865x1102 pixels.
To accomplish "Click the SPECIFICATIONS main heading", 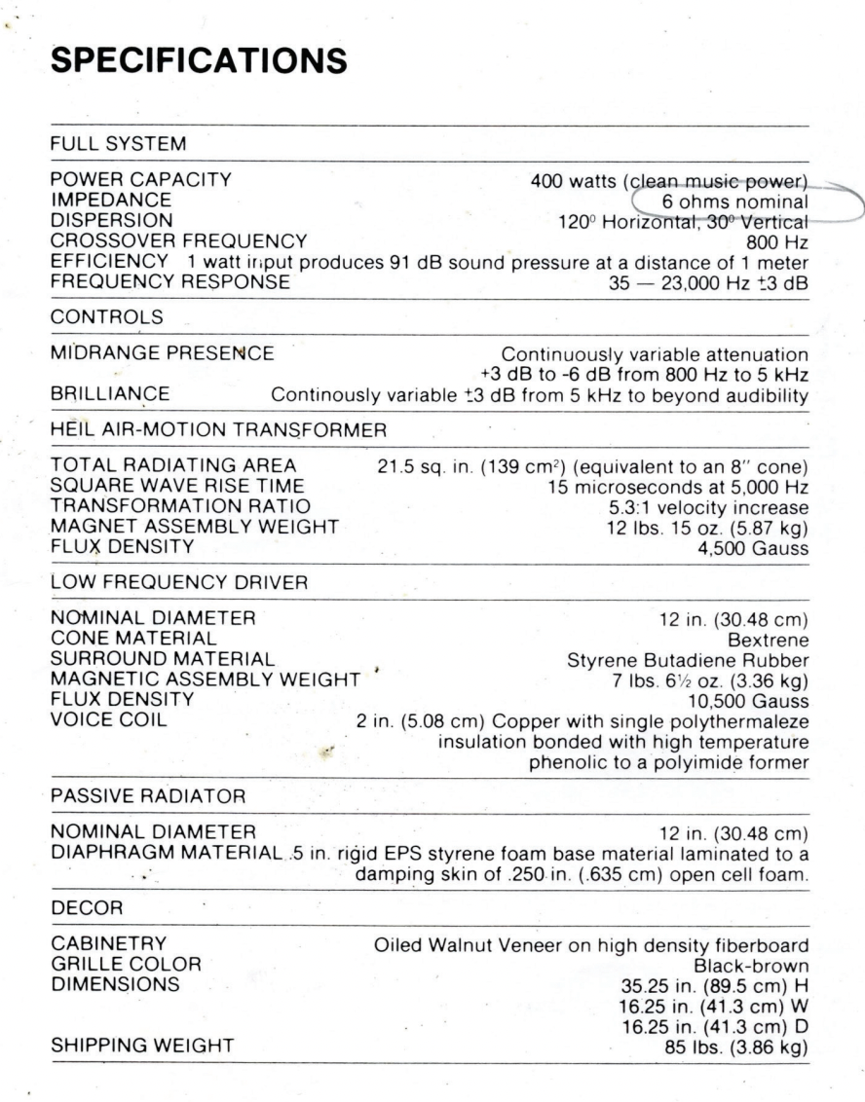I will pyautogui.click(x=199, y=60).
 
